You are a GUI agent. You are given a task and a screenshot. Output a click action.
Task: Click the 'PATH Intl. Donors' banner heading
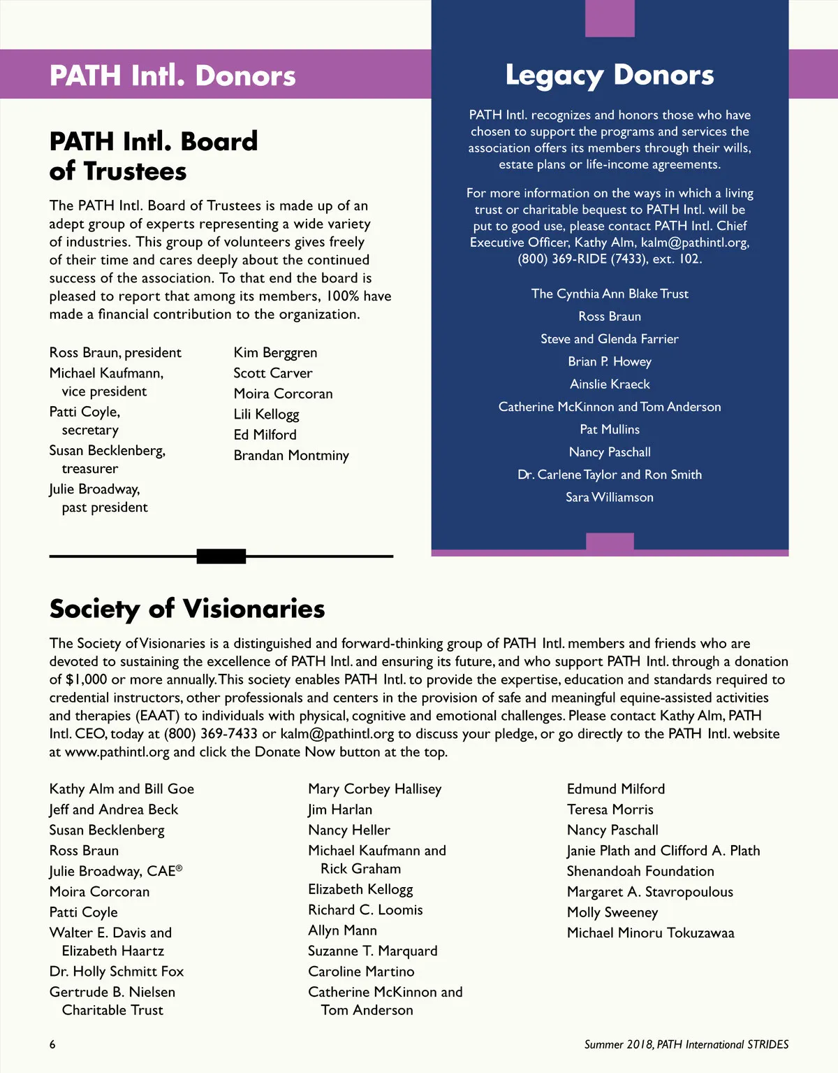[172, 75]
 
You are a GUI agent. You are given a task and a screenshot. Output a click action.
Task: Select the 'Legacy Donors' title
[610, 75]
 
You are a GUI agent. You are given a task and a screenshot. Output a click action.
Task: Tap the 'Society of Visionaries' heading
[187, 609]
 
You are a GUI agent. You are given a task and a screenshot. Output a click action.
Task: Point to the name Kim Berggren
[275, 352]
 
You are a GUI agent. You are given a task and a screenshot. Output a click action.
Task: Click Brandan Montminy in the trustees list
[291, 456]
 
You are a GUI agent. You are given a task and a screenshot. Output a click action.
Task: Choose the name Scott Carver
[273, 373]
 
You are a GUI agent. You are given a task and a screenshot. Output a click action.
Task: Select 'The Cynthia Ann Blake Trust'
[610, 294]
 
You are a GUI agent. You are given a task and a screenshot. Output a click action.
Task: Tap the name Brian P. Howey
[610, 361]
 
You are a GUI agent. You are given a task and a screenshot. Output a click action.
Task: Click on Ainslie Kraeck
[610, 384]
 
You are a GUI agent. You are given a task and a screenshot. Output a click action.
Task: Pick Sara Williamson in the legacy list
[610, 497]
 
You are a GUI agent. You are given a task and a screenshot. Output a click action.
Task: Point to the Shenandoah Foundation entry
[640, 871]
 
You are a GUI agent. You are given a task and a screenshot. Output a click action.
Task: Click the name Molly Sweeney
[612, 912]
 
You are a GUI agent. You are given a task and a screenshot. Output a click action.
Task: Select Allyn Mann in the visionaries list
[342, 930]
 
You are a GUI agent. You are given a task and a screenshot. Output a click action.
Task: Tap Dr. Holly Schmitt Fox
[117, 972]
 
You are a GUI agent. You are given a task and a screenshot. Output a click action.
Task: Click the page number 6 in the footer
[52, 1044]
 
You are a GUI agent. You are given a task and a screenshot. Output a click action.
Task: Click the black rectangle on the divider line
[221, 556]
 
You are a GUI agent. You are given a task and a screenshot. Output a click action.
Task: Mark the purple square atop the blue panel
[610, 18]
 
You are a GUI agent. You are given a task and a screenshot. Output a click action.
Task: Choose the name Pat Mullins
[610, 429]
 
